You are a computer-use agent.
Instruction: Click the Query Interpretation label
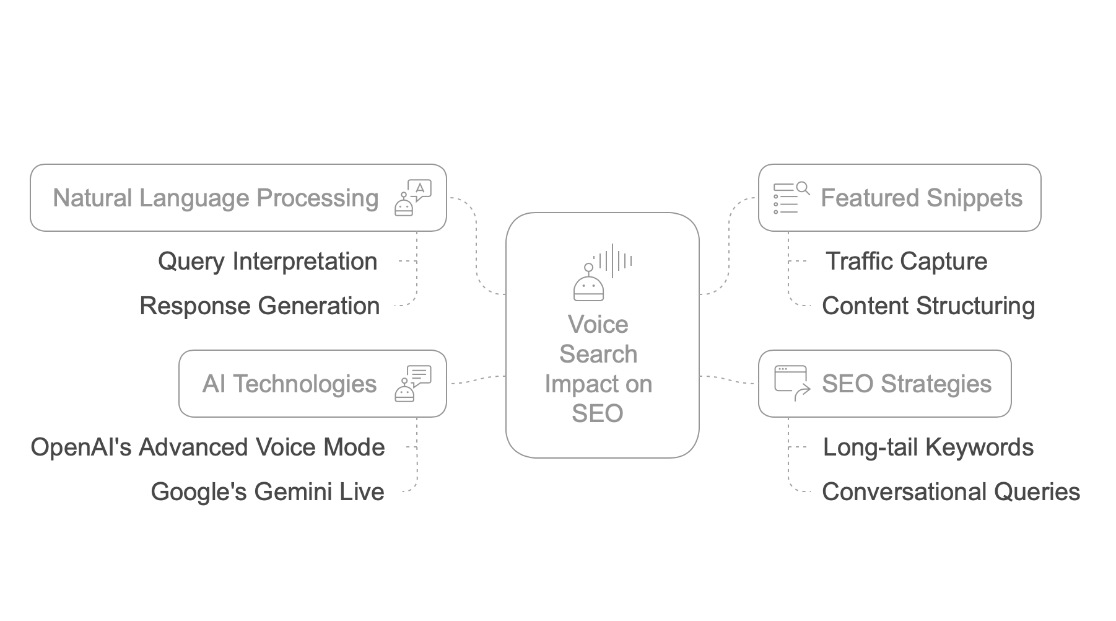coord(267,262)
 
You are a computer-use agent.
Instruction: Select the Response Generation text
coord(259,306)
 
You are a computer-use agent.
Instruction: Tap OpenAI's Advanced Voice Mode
coord(207,447)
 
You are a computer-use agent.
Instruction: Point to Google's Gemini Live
coord(267,492)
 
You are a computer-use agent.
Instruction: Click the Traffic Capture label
coord(906,262)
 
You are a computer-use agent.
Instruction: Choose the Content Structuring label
coord(928,306)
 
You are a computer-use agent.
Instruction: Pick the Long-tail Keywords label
coord(928,447)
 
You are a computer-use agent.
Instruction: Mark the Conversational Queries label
coord(951,492)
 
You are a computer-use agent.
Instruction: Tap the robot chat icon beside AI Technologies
coord(412,384)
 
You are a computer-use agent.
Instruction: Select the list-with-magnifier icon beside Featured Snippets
coord(791,198)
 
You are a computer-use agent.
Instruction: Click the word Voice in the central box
coord(598,325)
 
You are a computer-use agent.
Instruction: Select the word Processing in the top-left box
coord(317,198)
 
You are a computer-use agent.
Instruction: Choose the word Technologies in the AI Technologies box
coord(304,384)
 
